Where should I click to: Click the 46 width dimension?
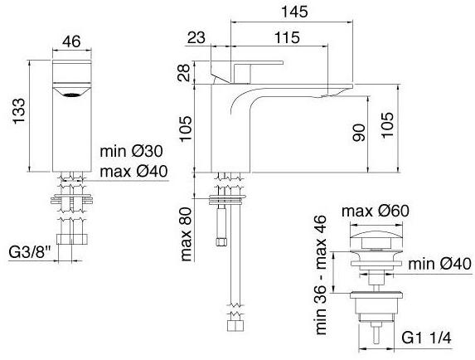[x=72, y=41]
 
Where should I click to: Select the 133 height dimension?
[x=19, y=110]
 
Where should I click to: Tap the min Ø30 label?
[x=131, y=151]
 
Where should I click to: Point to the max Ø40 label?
[x=133, y=172]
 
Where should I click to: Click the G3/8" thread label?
[x=31, y=252]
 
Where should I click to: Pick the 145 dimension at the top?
[x=294, y=12]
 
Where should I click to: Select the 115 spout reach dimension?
[x=287, y=37]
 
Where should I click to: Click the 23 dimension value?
[x=196, y=37]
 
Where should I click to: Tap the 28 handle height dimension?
[x=184, y=73]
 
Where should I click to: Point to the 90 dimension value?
[x=359, y=133]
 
